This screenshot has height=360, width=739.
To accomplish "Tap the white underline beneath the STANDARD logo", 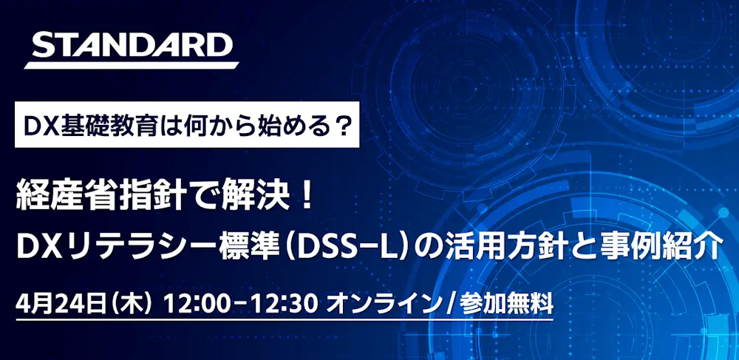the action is pyautogui.click(x=132, y=66).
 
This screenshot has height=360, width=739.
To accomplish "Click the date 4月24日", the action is pyautogui.click(x=61, y=305).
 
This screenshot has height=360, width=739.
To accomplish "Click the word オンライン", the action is pyautogui.click(x=383, y=305).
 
